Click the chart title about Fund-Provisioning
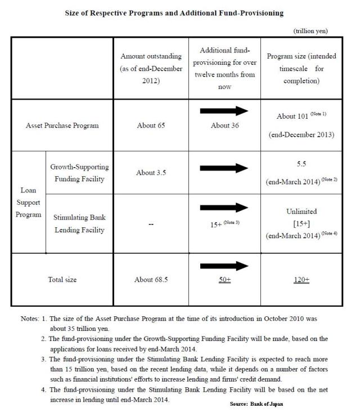point(180,12)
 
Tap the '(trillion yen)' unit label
point(310,31)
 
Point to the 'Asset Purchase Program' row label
point(62,125)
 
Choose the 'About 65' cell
point(151,125)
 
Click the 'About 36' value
point(224,125)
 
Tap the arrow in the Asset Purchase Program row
point(224,111)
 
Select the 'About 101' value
point(301,116)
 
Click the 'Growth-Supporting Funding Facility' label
point(79,172)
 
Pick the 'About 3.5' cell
point(151,172)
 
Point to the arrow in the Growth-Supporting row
point(224,168)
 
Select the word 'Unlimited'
point(301,212)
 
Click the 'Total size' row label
point(62,280)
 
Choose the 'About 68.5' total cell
point(151,280)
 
